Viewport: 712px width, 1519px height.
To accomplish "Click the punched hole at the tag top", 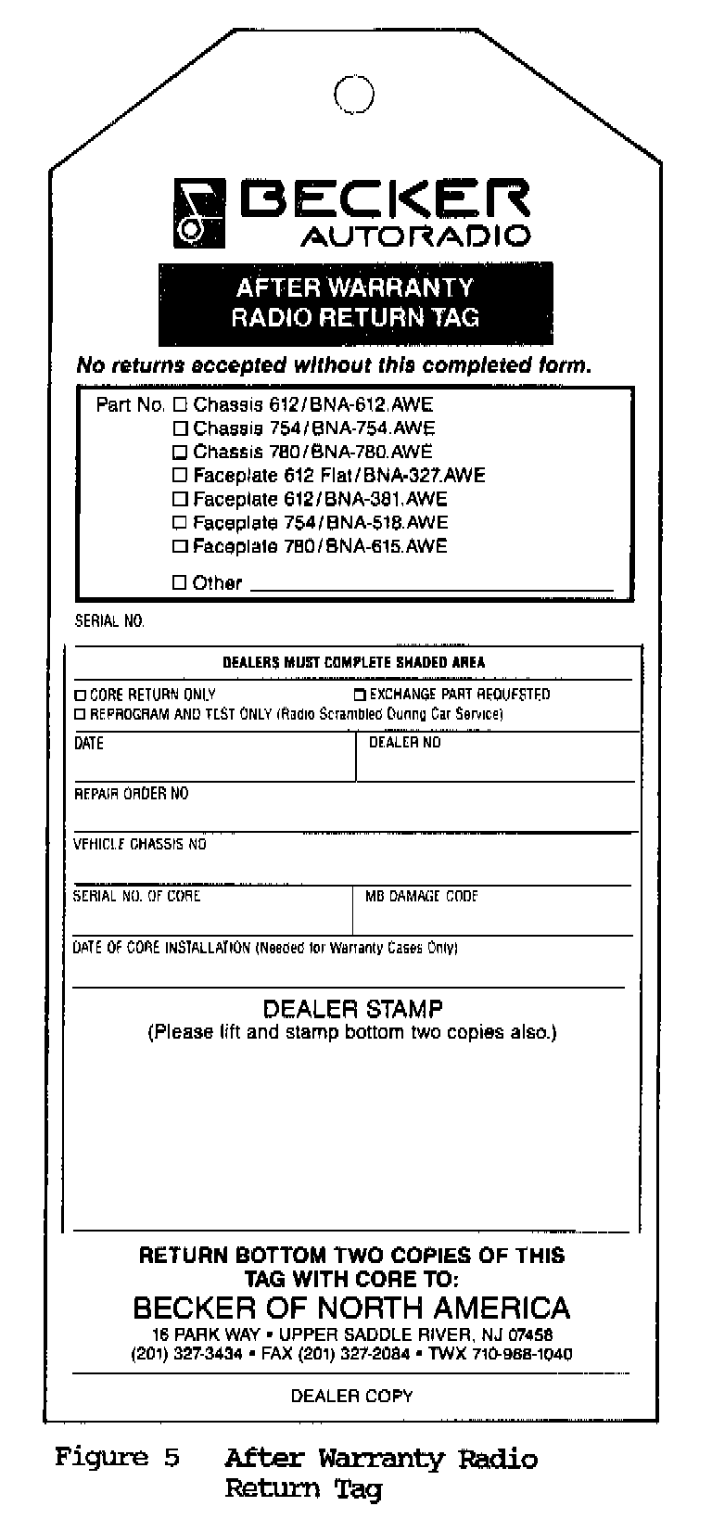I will point(353,94).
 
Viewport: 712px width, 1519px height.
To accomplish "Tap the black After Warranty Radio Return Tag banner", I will point(355,303).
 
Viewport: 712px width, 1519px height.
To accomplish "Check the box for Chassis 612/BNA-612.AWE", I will point(181,405).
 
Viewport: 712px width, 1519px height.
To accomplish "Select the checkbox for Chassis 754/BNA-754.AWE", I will point(181,428).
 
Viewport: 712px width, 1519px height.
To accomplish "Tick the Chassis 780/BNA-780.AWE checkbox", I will point(181,453).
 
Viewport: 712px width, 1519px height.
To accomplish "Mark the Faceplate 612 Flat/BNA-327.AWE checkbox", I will point(181,476).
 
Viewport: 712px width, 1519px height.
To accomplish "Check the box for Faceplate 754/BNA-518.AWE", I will point(181,523).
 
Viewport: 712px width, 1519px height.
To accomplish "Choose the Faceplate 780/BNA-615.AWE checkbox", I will point(181,546).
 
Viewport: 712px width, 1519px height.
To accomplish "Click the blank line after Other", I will point(431,586).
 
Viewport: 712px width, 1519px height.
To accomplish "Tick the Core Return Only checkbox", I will point(81,695).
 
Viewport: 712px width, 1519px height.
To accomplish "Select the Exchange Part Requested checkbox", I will point(361,695).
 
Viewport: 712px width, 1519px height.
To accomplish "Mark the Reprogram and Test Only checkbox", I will point(81,714).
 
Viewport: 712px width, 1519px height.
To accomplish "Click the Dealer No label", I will point(405,743).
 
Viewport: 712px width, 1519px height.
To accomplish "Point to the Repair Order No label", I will point(131,794).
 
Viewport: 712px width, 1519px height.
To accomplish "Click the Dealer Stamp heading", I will point(352,1009).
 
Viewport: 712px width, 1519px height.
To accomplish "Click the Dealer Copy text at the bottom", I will point(352,1396).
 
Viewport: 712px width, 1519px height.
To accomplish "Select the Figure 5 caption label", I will point(117,1458).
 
